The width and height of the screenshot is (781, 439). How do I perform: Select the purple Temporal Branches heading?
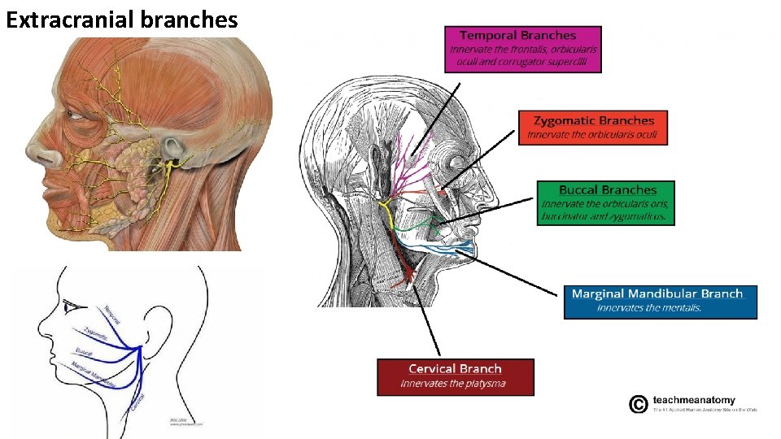517,35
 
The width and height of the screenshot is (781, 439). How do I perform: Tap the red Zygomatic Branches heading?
593,120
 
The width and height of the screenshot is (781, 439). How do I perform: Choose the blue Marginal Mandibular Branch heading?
657,293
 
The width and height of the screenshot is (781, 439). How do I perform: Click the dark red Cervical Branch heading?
455,369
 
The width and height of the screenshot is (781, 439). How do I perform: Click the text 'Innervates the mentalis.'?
648,308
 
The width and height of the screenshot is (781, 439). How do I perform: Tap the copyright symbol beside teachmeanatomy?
639,403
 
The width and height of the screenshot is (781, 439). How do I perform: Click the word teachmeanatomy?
694,400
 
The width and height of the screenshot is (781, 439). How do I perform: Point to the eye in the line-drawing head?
73,305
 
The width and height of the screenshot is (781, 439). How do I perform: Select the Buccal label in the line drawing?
84,353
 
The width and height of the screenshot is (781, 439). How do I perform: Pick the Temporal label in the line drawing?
114,313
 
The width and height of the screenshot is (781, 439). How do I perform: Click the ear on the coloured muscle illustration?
172,149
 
